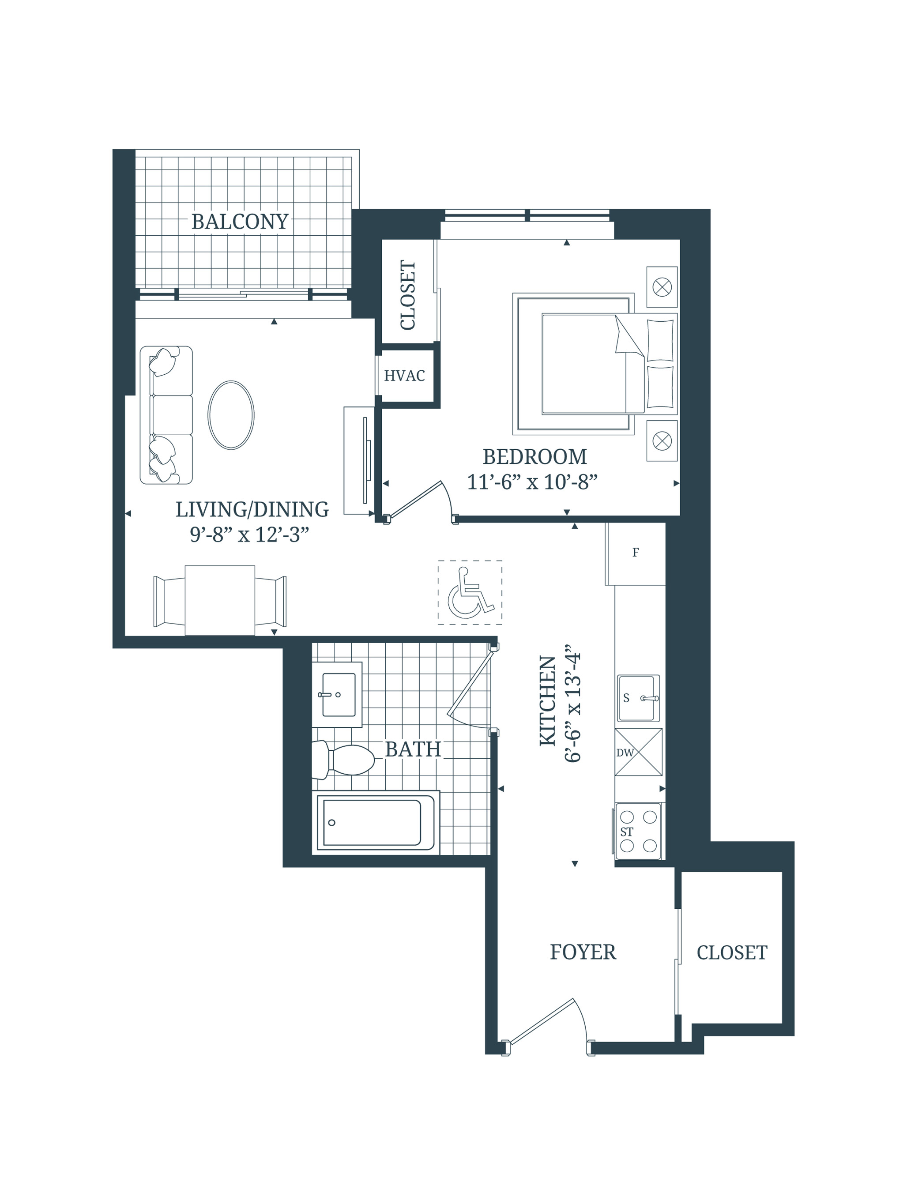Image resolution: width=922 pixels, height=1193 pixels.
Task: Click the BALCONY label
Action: point(240,222)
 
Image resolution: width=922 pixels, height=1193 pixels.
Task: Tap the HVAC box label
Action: point(404,376)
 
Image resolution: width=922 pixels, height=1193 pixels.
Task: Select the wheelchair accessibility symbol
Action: point(469,593)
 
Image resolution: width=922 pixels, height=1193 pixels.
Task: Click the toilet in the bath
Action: point(344,759)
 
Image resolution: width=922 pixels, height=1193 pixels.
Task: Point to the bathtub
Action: point(375,823)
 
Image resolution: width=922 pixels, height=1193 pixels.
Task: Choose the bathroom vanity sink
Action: point(338,694)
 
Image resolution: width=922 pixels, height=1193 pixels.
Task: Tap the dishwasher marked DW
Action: point(638,752)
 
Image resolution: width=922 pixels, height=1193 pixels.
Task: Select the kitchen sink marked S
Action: point(638,698)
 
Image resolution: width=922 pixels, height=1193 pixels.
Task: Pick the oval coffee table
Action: point(231,415)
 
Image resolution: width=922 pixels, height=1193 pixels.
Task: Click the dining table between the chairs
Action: point(219,600)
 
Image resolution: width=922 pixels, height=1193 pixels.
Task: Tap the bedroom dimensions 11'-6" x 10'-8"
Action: point(532,482)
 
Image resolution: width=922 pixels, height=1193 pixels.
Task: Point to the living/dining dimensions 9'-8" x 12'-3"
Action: point(250,535)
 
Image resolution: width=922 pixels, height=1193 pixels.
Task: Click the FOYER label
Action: point(583,952)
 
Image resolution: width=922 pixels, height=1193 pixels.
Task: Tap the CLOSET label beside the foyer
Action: point(731,952)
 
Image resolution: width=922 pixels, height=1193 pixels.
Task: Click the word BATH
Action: point(413,749)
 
